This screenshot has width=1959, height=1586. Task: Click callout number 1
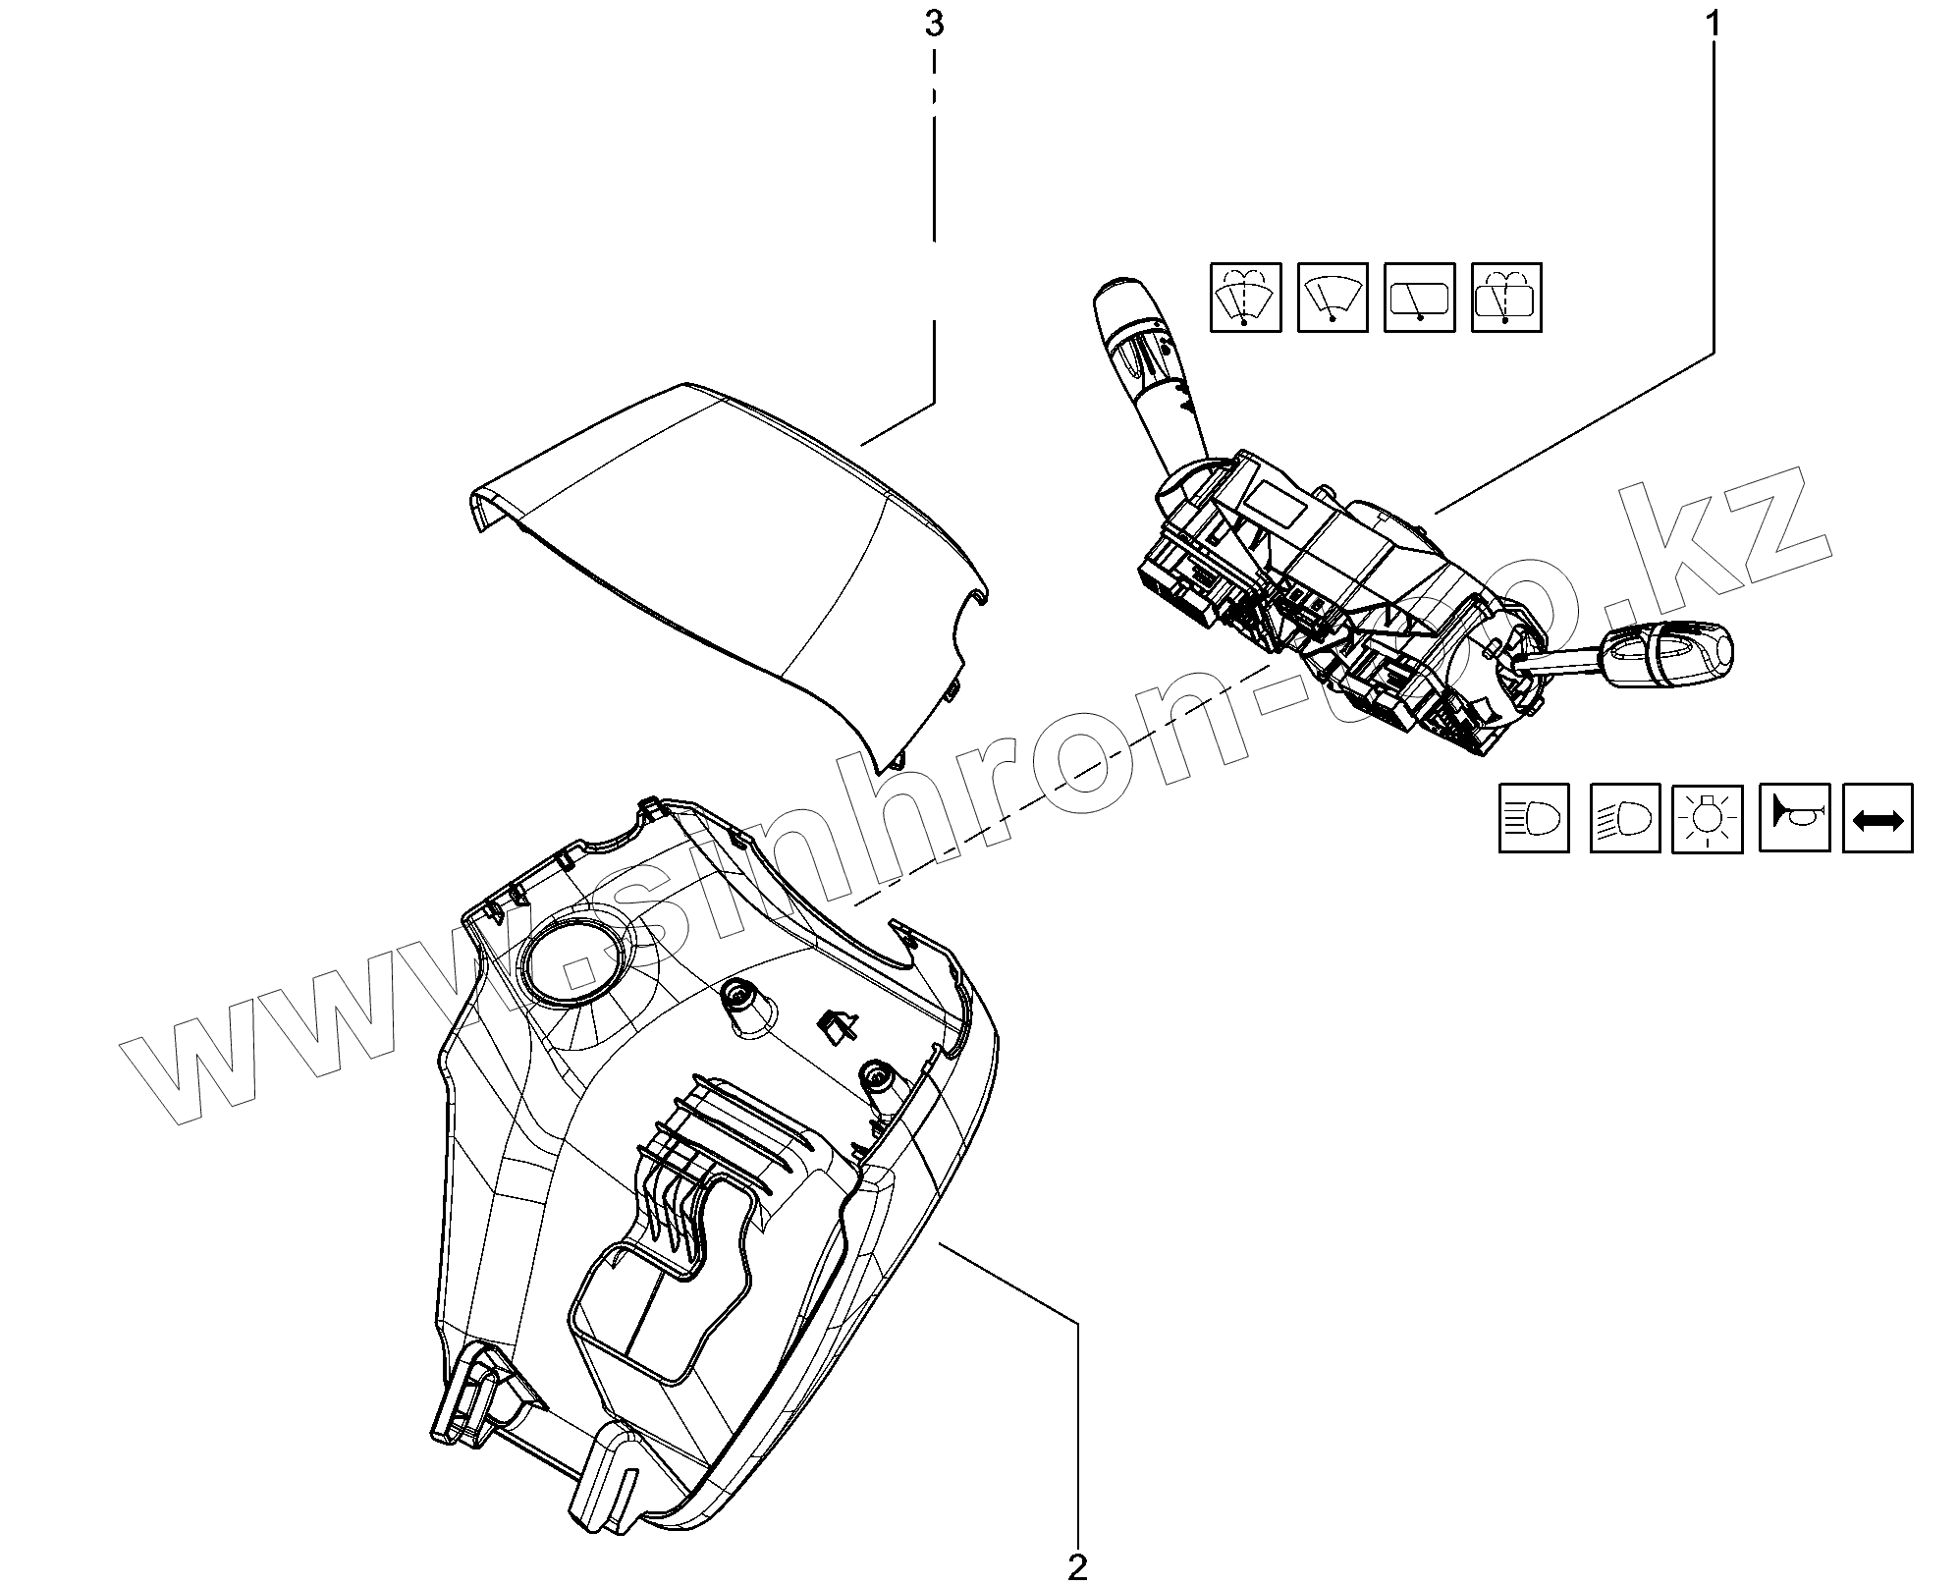coord(1713,24)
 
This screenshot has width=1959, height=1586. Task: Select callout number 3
coord(934,24)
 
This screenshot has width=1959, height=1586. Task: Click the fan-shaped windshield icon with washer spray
coord(1245,296)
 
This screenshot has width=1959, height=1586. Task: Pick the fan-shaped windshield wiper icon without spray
coord(1333,296)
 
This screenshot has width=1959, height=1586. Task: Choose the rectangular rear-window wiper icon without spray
coord(1419,296)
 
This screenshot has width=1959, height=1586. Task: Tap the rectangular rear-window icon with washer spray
coord(1506,296)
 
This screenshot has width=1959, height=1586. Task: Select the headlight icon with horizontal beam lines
coord(1534,817)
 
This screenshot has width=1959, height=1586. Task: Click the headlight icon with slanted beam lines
coord(1624,817)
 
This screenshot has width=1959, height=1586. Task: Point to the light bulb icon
coord(1708,817)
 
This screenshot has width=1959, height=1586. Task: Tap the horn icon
coord(1794,817)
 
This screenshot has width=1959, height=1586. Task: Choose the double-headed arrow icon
coord(1877,817)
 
